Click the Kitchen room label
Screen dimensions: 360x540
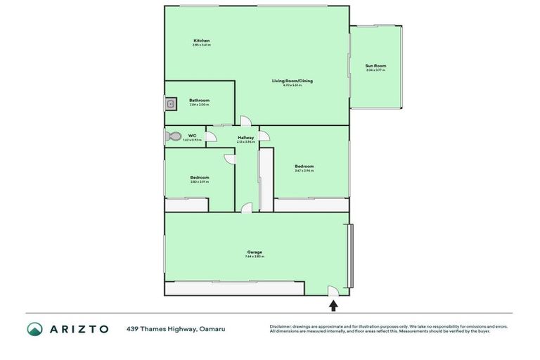(x=202, y=41)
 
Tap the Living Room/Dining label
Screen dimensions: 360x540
(x=292, y=81)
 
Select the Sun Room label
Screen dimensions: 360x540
(x=375, y=65)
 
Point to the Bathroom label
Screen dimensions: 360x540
(x=199, y=101)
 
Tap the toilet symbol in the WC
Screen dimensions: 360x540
(x=173, y=136)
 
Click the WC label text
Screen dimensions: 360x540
(x=192, y=135)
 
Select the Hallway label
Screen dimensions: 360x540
(x=245, y=137)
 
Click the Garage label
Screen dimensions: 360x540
(x=255, y=252)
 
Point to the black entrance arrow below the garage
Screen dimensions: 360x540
(x=333, y=305)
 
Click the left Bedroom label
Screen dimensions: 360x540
(x=199, y=177)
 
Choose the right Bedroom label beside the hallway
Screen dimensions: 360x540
(x=304, y=166)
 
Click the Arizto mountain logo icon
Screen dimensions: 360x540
(x=34, y=328)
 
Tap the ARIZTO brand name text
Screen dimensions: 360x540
(x=79, y=328)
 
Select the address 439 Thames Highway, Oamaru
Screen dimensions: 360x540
(x=176, y=328)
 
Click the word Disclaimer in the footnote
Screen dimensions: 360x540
(x=281, y=326)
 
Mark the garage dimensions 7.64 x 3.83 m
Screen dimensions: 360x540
(x=255, y=257)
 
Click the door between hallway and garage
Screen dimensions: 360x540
(x=246, y=207)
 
